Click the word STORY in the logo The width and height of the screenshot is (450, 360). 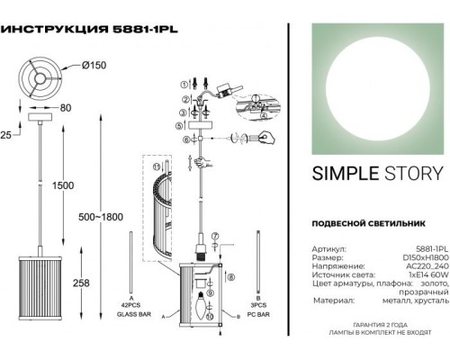(400, 174)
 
